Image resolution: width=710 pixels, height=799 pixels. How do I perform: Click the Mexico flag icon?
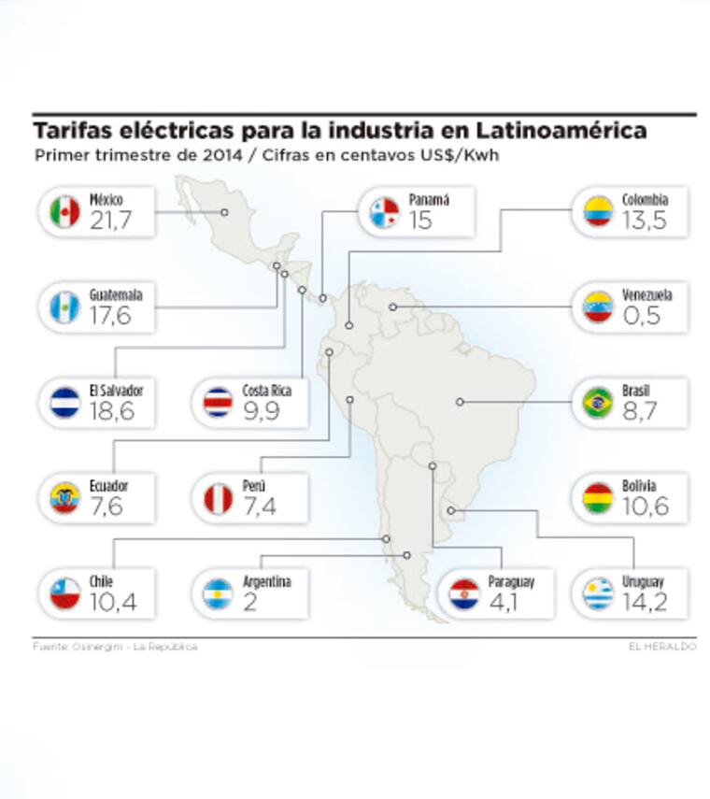point(64,211)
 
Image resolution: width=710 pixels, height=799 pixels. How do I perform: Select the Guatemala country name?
point(116,294)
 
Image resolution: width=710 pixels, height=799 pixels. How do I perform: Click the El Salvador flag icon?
point(64,402)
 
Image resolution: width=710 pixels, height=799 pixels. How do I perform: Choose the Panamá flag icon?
point(384,211)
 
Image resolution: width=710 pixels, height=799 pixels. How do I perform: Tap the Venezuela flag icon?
point(598,307)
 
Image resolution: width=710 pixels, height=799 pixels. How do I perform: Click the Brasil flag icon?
point(598,402)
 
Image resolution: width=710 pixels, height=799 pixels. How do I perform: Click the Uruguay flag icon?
point(598,593)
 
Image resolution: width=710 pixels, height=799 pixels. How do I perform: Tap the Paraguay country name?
point(510,581)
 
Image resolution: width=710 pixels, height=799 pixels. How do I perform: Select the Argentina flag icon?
point(218,593)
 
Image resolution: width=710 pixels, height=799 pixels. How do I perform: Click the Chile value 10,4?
point(113,602)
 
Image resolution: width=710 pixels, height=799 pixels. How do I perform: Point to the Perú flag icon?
point(218,498)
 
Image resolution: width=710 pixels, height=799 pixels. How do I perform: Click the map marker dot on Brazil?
point(460,402)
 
